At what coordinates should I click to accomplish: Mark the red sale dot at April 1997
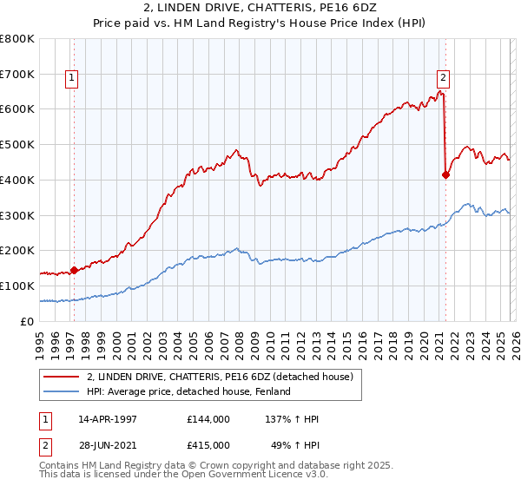[x=74, y=270]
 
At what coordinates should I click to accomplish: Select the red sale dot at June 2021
[x=445, y=174]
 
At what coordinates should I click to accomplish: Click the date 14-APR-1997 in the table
[x=108, y=419]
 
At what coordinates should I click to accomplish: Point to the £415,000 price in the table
[x=208, y=445]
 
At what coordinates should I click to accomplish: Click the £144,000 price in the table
[x=208, y=419]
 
